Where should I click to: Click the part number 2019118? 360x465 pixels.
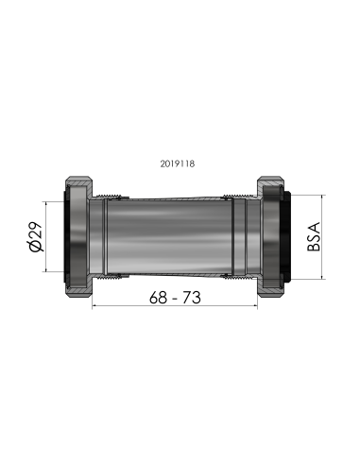pos(179,163)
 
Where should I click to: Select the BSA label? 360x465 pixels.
pos(316,233)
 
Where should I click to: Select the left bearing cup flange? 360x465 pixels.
pos(76,236)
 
